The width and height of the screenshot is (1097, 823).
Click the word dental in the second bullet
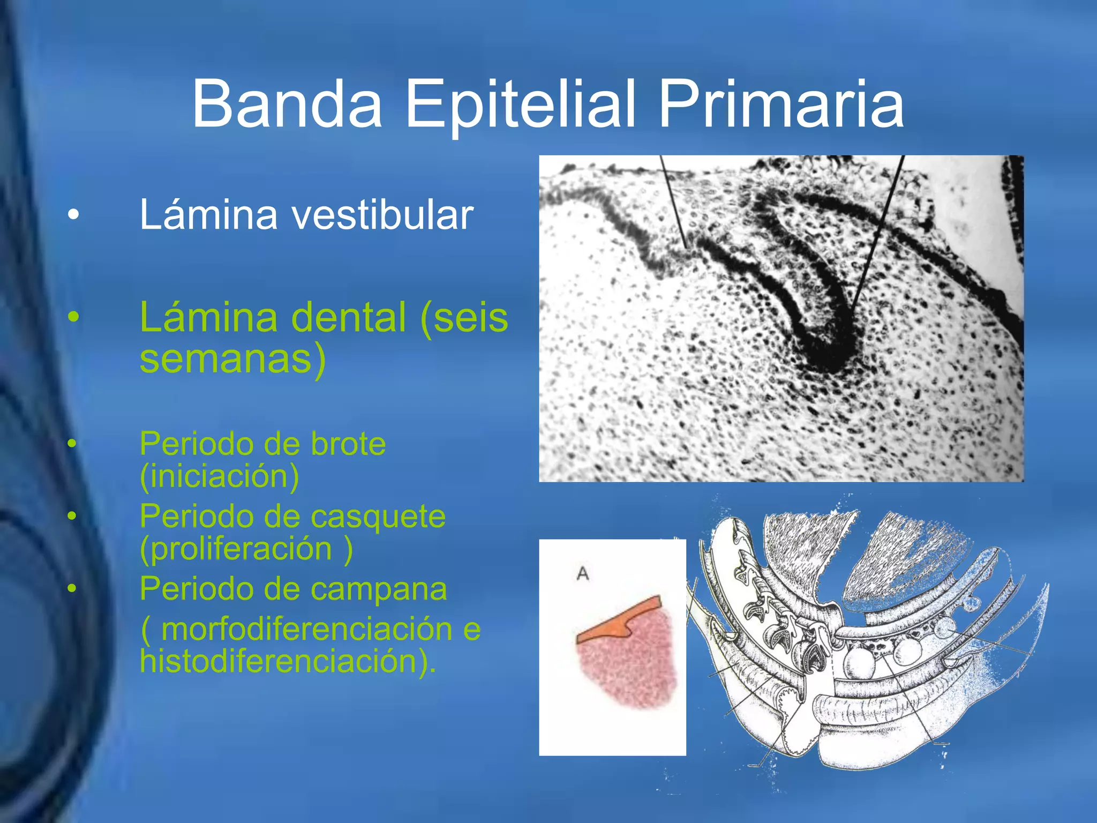(x=348, y=317)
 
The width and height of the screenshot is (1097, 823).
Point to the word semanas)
(x=232, y=359)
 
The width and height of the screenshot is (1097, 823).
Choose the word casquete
(x=378, y=517)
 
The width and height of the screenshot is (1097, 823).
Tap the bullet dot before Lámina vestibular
(x=73, y=215)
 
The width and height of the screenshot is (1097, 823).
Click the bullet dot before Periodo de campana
(x=72, y=588)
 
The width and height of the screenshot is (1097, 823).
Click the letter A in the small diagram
(x=583, y=574)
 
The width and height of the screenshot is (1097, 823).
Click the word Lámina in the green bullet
(x=208, y=317)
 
